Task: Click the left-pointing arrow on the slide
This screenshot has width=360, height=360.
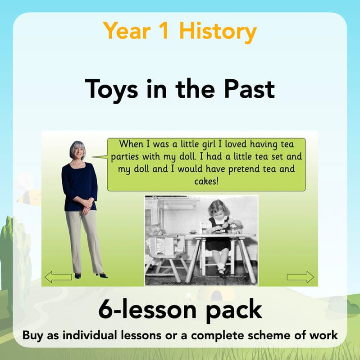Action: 58,277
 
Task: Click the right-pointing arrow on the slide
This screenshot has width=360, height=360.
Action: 300,277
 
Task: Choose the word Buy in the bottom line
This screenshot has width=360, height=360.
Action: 33,336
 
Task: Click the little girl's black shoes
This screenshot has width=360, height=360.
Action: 221,273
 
